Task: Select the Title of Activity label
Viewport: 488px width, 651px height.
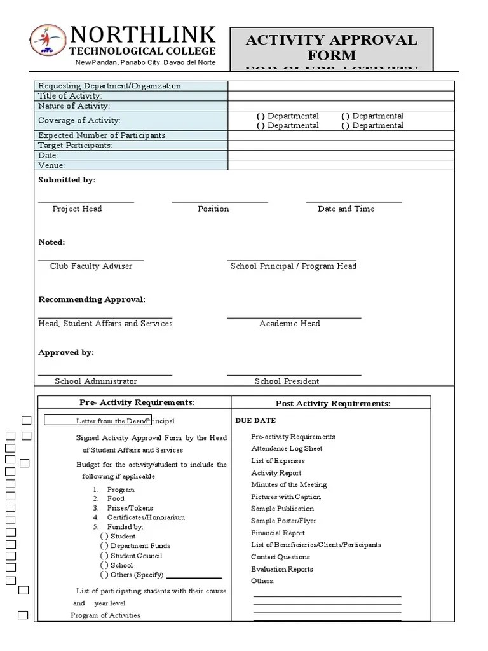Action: [70, 96]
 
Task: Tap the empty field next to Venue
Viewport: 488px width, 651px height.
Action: [341, 165]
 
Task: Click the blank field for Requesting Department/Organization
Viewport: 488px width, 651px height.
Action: [341, 86]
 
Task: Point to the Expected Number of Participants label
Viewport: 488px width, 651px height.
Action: [102, 135]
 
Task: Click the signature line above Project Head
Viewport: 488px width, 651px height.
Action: [86, 202]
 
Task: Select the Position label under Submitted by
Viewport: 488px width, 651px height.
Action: [213, 209]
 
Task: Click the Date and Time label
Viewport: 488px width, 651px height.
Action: [346, 209]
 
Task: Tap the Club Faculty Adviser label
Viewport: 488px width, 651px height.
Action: [91, 266]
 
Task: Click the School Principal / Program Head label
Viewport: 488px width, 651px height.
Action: [293, 266]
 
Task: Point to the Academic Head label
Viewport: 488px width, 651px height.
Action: [289, 324]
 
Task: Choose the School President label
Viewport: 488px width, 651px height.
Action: [287, 381]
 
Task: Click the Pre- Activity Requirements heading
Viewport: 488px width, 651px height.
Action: [137, 402]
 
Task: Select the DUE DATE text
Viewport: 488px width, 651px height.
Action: [255, 421]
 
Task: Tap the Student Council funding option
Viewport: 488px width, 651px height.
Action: [136, 556]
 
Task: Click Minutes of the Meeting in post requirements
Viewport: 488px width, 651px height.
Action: [288, 484]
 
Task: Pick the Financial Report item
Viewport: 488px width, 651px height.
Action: [278, 533]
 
